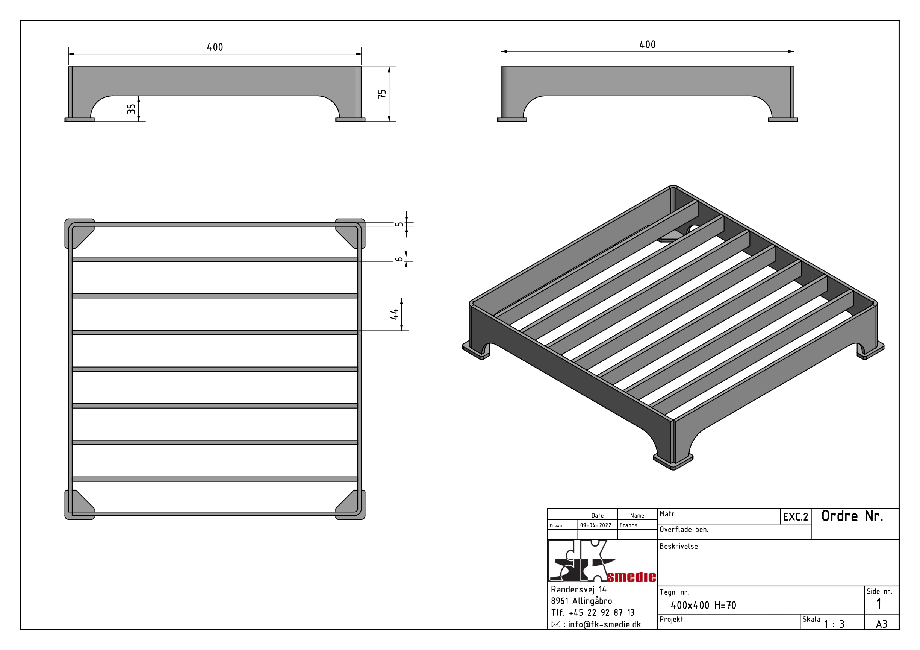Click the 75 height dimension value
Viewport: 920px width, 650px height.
pyautogui.click(x=382, y=94)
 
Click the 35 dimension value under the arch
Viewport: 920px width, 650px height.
pyautogui.click(x=132, y=109)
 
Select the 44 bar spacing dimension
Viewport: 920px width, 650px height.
pyautogui.click(x=394, y=314)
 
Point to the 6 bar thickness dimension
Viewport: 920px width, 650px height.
pyautogui.click(x=399, y=259)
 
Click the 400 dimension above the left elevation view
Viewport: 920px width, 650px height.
pyautogui.click(x=215, y=47)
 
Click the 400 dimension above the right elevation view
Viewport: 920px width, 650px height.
pyautogui.click(x=648, y=44)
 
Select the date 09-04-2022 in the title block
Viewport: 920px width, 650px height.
pyautogui.click(x=596, y=525)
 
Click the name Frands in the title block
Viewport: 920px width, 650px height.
pyautogui.click(x=628, y=525)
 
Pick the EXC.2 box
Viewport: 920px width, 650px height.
pyautogui.click(x=796, y=516)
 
